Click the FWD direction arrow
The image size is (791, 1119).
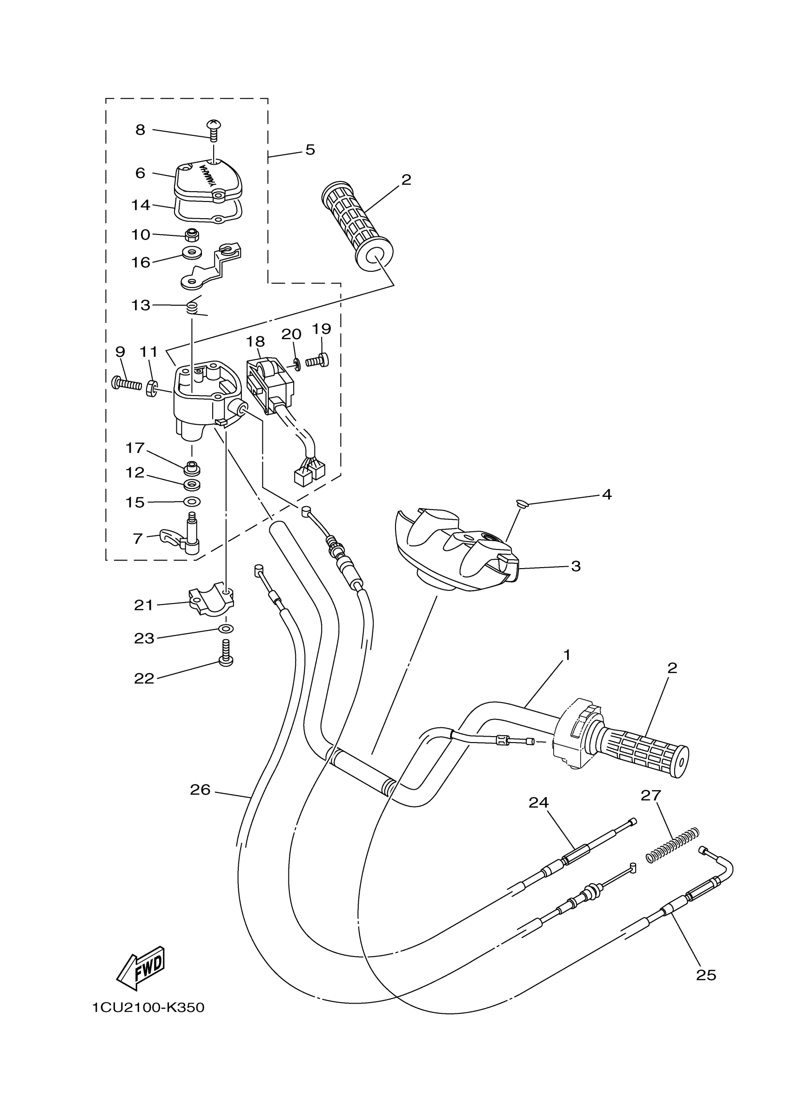click(141, 967)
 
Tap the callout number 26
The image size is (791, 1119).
click(200, 790)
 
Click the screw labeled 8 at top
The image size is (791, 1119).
click(213, 129)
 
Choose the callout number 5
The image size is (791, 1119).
click(310, 150)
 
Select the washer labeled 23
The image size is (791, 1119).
click(226, 629)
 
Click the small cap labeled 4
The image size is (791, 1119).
click(523, 503)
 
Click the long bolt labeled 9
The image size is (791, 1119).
click(127, 383)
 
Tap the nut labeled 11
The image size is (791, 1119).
click(152, 388)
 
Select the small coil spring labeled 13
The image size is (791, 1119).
click(194, 308)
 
